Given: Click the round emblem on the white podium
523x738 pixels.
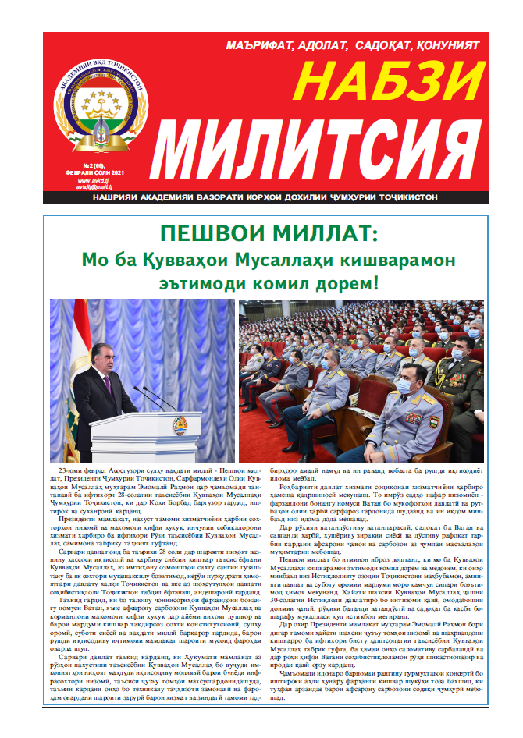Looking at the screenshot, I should tap(180, 426).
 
